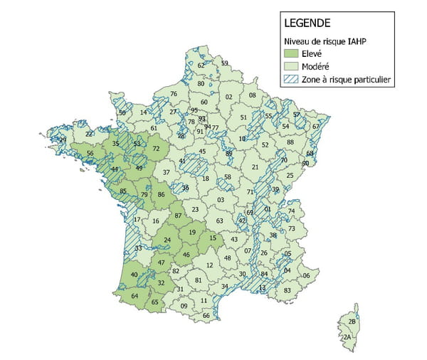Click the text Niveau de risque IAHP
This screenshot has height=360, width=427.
point(325,40)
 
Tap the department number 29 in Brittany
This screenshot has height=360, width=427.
point(63,140)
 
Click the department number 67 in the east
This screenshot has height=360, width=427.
point(316,127)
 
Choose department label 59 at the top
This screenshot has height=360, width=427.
point(225,63)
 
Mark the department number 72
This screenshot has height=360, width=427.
point(157,149)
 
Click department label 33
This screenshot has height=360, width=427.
point(138,248)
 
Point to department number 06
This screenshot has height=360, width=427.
point(307,275)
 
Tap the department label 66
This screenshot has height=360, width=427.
point(206,315)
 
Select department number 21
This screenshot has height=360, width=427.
point(255,167)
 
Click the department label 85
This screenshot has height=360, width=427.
point(122,191)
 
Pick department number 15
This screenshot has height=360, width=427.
point(213,238)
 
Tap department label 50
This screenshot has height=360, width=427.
point(122,113)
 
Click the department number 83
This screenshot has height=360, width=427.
point(287,290)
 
